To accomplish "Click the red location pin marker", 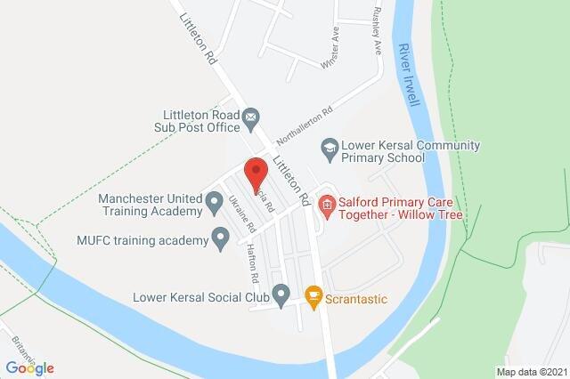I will pos(256,172).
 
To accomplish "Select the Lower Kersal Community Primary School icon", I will pos(330,145).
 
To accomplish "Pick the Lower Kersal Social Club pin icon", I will pos(281,292).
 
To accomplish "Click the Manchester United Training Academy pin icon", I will pos(214,204).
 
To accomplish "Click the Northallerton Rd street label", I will pos(304,125).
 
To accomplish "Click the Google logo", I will pos(30,367).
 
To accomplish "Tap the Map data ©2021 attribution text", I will pos(531,371).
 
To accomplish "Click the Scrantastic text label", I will pos(357,299).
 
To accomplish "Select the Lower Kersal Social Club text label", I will pos(201,297).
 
